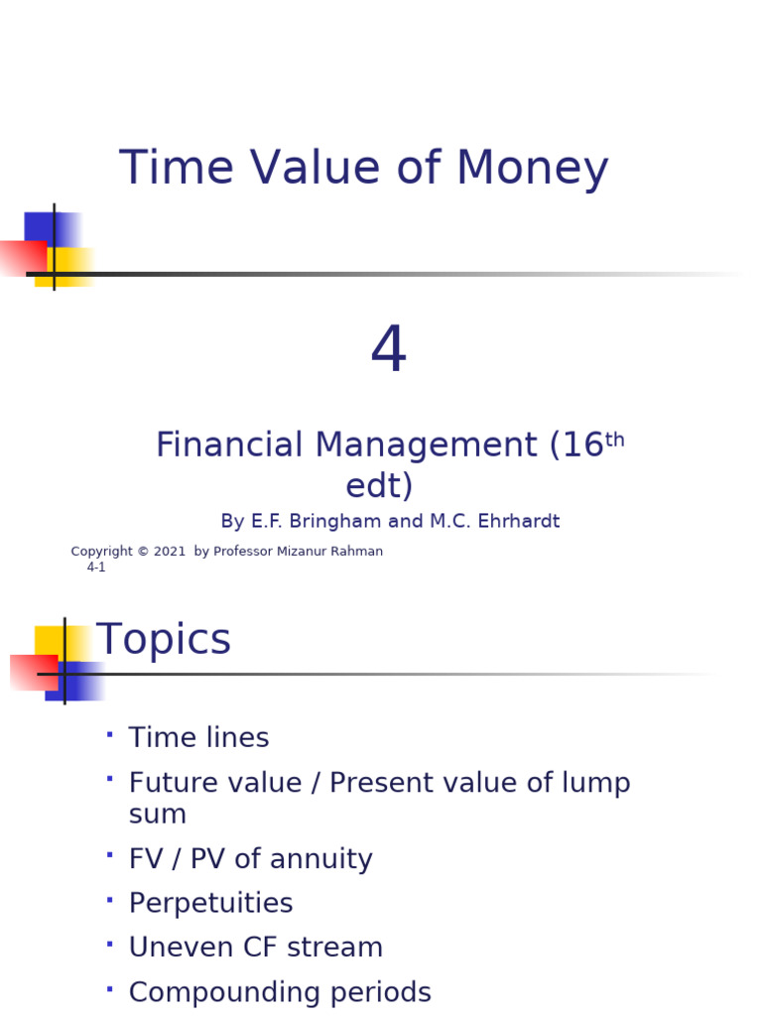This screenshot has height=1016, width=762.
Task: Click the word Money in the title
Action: coord(532,169)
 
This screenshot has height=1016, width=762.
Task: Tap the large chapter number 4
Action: coord(389,352)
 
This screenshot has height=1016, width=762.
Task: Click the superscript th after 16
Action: coord(615,439)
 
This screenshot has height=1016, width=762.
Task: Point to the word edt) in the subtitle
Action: coord(379,486)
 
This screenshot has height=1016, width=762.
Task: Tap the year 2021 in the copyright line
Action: coord(169,552)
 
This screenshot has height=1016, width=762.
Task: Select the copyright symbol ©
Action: coord(143,552)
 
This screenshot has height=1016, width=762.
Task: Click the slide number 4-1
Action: coord(96,568)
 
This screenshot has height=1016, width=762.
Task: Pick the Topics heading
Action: coord(164,640)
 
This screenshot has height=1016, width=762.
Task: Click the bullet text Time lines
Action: coord(198,738)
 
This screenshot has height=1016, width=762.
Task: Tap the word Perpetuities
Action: coord(210,904)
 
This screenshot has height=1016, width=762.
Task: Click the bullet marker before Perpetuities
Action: coord(109,899)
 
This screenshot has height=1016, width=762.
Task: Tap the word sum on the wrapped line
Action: coord(158,815)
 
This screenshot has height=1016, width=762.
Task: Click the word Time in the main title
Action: coord(176,169)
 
